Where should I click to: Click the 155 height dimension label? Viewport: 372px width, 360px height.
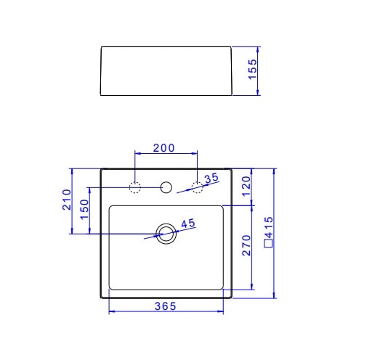click(x=252, y=70)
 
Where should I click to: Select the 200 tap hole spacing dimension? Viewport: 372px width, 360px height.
click(x=164, y=148)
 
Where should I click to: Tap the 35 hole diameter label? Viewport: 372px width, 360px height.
click(x=211, y=178)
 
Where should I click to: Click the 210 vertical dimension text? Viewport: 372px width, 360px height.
click(x=65, y=200)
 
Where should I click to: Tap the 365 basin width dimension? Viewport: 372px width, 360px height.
click(x=165, y=306)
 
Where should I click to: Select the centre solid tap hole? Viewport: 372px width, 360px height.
click(x=166, y=188)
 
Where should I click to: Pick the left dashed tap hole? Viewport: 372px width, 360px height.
click(x=135, y=187)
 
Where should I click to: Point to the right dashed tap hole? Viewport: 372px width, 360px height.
click(x=197, y=187)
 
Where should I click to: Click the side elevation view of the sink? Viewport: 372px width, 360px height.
click(x=166, y=70)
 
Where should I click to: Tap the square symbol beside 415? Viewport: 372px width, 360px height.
click(x=269, y=244)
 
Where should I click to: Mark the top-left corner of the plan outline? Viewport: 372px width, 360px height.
click(x=101, y=169)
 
